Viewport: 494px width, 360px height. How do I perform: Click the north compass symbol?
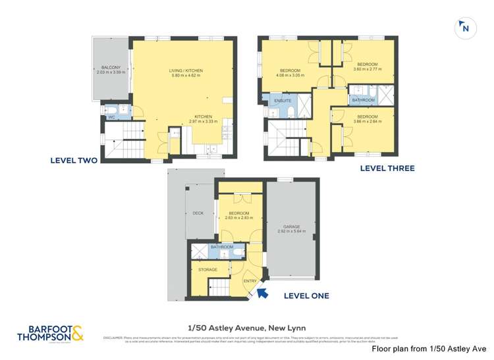tap(465, 28)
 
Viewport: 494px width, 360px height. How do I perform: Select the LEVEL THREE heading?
tap(387, 168)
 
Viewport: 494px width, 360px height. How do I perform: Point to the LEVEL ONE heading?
tap(306, 296)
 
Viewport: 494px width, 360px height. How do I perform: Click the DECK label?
tap(198, 213)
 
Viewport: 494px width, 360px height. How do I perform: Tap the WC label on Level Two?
tap(111, 117)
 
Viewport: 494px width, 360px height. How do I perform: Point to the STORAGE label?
tap(208, 270)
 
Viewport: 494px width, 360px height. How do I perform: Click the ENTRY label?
tap(250, 281)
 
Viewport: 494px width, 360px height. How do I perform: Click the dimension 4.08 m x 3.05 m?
tap(290, 76)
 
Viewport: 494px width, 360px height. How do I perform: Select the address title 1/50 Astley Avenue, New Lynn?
tap(246, 328)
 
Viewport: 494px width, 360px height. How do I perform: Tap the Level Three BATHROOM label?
tap(363, 100)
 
